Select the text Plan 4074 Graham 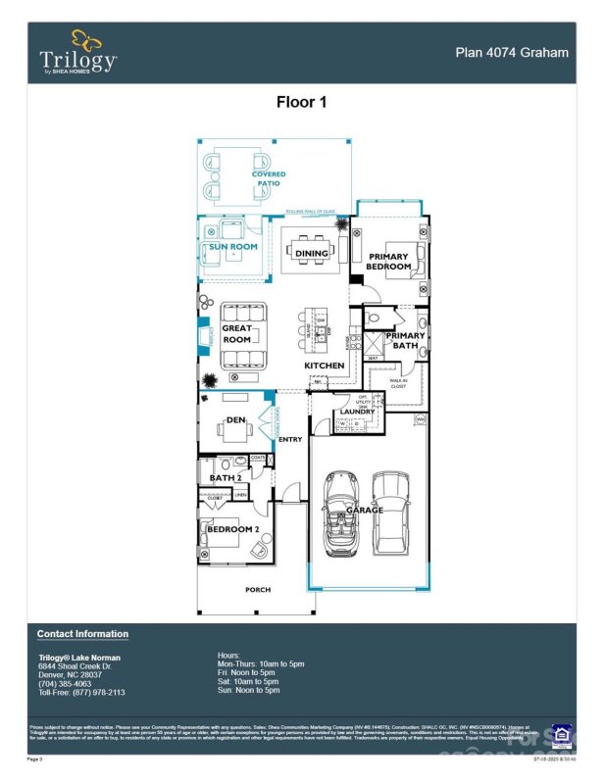(x=513, y=53)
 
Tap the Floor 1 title (x=301, y=101)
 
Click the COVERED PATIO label (x=268, y=178)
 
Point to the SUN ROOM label (x=233, y=247)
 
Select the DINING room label (x=311, y=254)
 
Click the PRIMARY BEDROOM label (x=387, y=262)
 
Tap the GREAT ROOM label (x=237, y=334)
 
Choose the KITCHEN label (x=324, y=366)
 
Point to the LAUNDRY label (x=356, y=412)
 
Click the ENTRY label (x=290, y=439)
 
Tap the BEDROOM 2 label (x=232, y=529)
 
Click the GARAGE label (x=365, y=511)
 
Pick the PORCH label (x=257, y=589)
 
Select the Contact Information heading (x=82, y=634)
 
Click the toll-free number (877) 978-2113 (x=95, y=692)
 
